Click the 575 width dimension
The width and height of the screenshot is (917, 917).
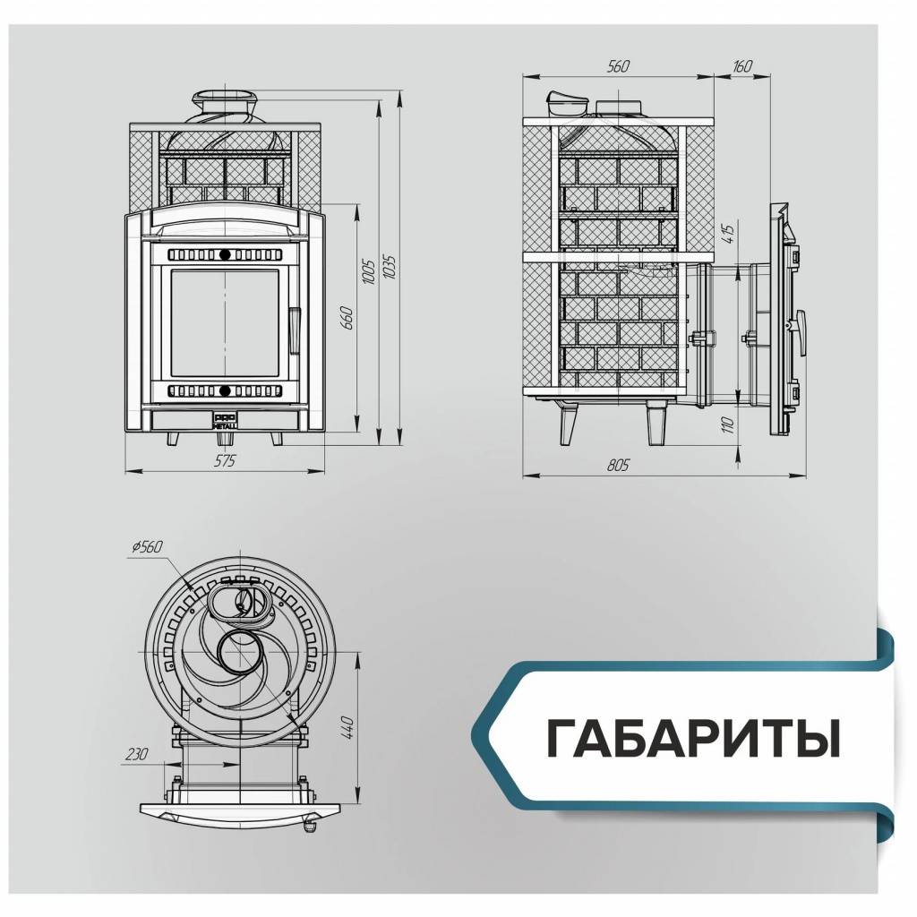point(225,461)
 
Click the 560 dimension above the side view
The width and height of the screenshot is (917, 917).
point(618,67)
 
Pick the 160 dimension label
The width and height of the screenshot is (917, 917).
point(741,67)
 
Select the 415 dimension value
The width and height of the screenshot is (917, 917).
point(727,235)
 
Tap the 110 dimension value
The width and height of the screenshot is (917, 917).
point(727,424)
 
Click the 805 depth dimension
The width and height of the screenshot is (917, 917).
point(618,466)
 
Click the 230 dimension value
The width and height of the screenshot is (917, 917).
point(137,754)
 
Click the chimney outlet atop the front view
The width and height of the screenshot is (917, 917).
point(225,100)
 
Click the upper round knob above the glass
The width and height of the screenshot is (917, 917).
point(225,253)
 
